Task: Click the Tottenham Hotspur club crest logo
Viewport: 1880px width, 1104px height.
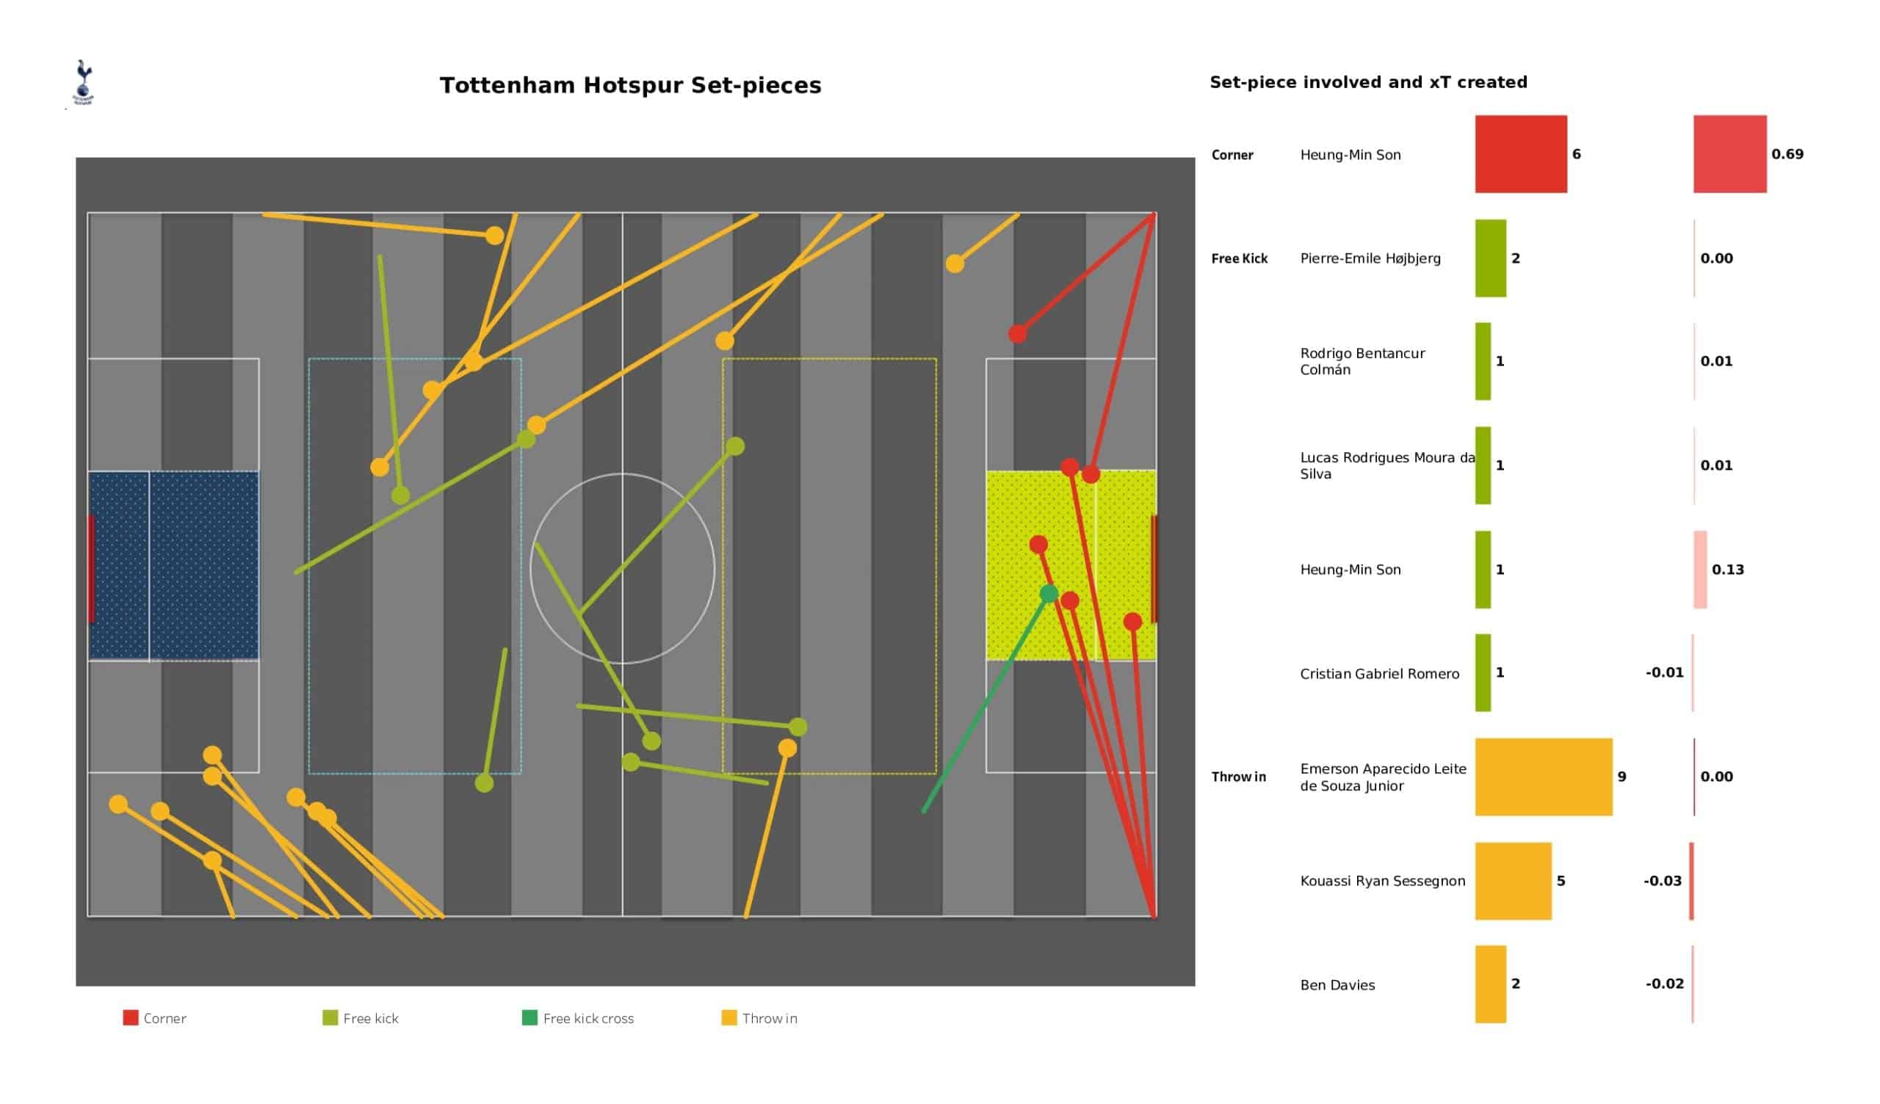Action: point(83,82)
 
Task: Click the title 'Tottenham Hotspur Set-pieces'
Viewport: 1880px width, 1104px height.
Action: point(630,85)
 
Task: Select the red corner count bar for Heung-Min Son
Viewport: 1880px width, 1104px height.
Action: point(1520,153)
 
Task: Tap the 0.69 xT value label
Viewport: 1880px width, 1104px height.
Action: point(1787,153)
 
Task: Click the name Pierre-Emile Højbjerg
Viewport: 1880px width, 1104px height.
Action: point(1370,258)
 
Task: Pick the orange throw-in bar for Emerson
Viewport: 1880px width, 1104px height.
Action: point(1544,777)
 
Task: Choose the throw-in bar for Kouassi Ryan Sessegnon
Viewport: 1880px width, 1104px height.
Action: point(1513,881)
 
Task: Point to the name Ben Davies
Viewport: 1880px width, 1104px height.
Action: point(1337,984)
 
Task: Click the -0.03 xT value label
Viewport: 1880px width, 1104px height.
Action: point(1662,881)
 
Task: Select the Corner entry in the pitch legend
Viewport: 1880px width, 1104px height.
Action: point(154,1018)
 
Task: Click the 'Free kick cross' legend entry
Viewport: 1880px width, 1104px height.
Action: point(578,1018)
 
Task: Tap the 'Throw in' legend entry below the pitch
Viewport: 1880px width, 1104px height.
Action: point(759,1018)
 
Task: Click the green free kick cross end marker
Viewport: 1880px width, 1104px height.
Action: point(1049,594)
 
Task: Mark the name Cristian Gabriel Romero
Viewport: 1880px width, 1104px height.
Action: point(1379,674)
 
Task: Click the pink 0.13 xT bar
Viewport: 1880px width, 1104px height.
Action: point(1700,569)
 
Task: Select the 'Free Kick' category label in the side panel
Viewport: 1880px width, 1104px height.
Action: point(1239,258)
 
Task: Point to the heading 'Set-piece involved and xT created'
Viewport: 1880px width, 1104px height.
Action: point(1368,82)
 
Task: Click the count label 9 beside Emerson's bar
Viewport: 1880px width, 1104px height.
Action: point(1622,777)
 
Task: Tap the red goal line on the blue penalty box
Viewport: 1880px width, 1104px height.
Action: point(91,568)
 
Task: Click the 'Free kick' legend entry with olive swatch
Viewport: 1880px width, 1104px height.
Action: point(361,1018)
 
